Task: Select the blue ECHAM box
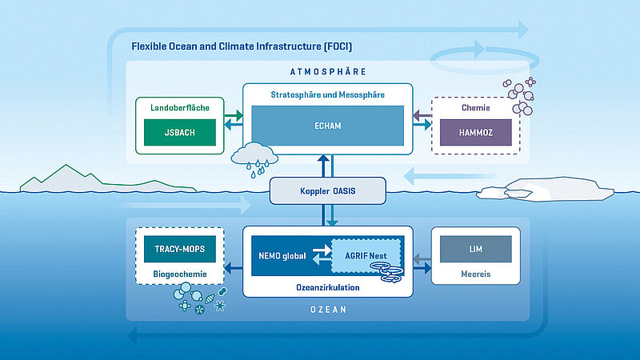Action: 328,126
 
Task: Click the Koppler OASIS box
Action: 328,191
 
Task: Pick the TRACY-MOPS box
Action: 180,249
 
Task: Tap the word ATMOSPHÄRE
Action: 328,70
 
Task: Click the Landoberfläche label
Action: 180,106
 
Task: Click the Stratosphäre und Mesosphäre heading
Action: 328,95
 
